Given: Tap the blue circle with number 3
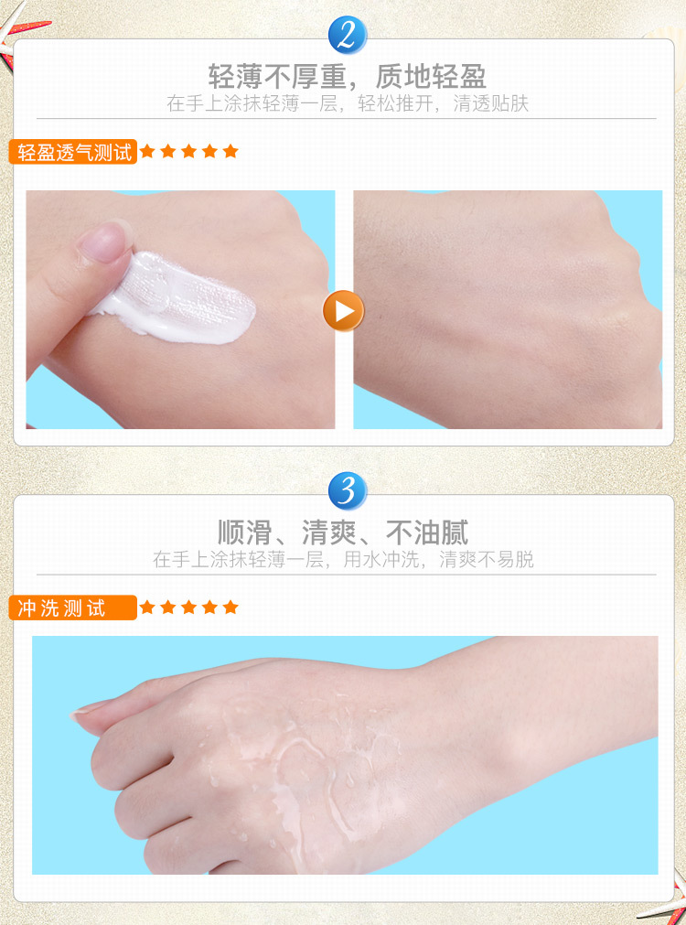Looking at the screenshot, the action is (x=348, y=490).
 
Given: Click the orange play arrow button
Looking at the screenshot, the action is (x=343, y=311).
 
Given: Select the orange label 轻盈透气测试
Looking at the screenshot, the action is (x=73, y=152).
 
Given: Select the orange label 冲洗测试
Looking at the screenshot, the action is (x=73, y=608).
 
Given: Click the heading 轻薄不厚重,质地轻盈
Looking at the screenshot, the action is (x=348, y=76).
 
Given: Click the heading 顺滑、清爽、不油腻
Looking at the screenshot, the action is (x=344, y=532).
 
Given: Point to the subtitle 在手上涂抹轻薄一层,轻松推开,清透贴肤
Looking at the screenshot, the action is (x=348, y=103).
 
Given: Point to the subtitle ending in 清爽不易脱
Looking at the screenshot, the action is (x=343, y=559).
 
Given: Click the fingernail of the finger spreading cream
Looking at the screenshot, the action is (x=103, y=241).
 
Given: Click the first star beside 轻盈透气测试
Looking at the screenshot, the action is (x=147, y=152).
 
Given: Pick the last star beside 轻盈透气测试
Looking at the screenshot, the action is (x=230, y=152).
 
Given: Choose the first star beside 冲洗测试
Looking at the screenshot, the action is (x=147, y=607).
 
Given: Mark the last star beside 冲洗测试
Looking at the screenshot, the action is (x=230, y=607).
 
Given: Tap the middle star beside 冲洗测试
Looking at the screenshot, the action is (x=188, y=607).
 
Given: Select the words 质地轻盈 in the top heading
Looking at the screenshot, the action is (x=431, y=76).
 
